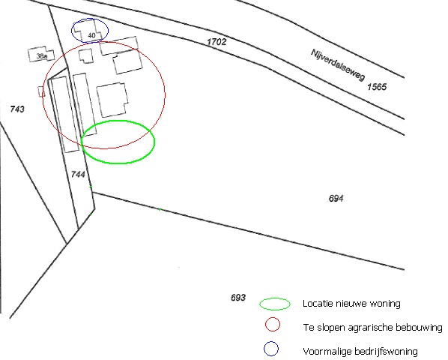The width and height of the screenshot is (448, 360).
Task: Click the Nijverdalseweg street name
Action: coord(338,64)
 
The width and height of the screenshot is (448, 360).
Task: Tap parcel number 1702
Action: coord(217,42)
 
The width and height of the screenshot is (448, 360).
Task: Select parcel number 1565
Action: coord(377,87)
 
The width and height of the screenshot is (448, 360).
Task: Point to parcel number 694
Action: coord(336,198)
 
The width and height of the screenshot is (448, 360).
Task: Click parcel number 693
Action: coord(238,298)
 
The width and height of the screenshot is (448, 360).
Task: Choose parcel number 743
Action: coord(17,109)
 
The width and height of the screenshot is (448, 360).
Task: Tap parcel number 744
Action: coord(78,174)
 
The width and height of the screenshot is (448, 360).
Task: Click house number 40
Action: coord(91,35)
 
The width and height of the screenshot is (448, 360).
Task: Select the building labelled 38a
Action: coord(41,54)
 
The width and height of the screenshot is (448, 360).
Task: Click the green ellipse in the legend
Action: coord(275,298)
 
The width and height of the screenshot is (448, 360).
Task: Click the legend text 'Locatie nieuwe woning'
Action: coord(351,304)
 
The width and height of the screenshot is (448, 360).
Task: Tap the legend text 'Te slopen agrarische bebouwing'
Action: coord(372,327)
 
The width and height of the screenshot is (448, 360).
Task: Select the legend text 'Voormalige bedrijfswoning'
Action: coord(360,351)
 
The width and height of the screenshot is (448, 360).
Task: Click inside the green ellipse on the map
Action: coord(118,142)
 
